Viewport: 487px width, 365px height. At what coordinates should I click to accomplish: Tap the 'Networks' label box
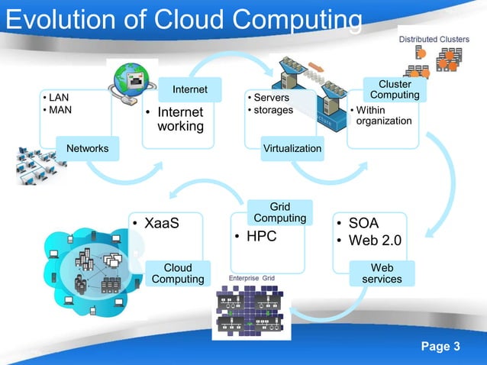click(88, 148)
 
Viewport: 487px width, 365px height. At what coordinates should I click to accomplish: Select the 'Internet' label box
click(189, 90)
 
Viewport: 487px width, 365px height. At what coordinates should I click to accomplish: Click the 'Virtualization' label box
click(292, 148)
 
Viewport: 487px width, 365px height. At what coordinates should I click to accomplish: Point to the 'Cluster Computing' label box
click(395, 89)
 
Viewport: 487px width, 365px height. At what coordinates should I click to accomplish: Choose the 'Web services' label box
click(382, 273)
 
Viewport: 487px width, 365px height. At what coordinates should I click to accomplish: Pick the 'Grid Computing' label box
click(279, 212)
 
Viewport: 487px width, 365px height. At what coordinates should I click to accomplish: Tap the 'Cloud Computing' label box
click(178, 273)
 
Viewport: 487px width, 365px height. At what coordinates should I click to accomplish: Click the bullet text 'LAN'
click(58, 99)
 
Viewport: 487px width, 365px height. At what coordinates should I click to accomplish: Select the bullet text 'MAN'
click(60, 111)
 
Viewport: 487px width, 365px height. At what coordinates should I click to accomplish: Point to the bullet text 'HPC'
click(260, 237)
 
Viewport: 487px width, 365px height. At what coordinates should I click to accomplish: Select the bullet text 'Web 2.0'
click(375, 241)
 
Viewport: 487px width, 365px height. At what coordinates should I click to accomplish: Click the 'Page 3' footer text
click(440, 348)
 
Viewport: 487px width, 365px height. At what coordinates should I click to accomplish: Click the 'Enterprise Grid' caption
click(252, 279)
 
